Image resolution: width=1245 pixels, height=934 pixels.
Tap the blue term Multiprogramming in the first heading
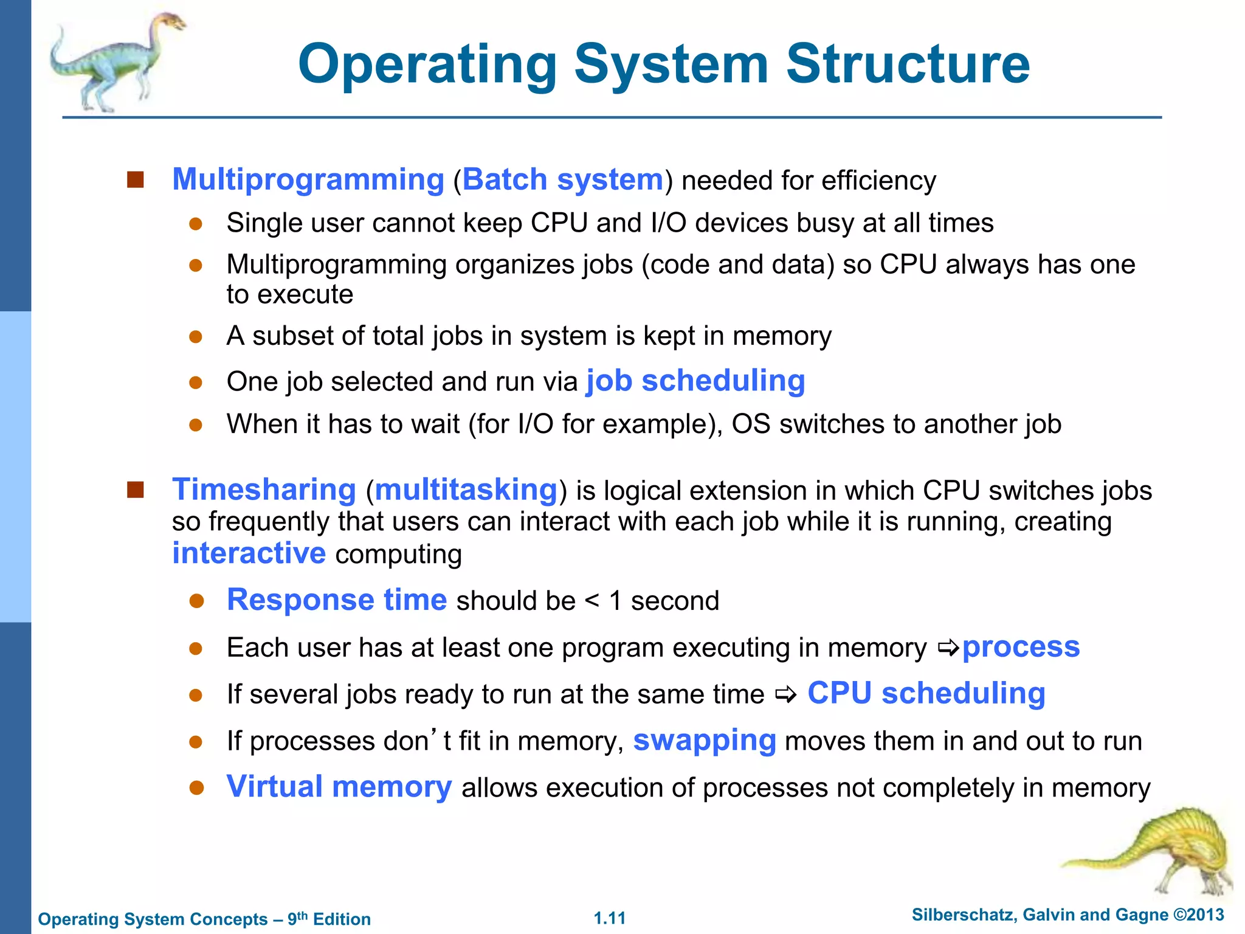(x=308, y=180)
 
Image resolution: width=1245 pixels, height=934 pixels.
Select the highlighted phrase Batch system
(x=563, y=180)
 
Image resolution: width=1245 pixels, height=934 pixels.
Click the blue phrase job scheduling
(x=695, y=381)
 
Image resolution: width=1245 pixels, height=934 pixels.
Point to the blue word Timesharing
(x=264, y=489)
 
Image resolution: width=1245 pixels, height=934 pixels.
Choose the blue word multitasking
(x=466, y=489)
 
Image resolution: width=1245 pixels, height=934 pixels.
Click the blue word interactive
(x=249, y=553)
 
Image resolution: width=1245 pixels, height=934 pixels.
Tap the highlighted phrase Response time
(x=337, y=600)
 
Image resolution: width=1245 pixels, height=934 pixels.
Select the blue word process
(x=1021, y=647)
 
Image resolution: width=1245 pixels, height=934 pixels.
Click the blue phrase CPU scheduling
(x=926, y=694)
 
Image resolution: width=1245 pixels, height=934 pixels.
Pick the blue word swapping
(x=705, y=741)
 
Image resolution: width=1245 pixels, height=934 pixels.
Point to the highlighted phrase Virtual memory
(x=339, y=787)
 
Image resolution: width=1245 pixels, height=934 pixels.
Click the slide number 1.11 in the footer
(x=610, y=918)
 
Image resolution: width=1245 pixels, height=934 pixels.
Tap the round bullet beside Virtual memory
(x=196, y=788)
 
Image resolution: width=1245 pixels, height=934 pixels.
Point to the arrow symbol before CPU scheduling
(x=785, y=694)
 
